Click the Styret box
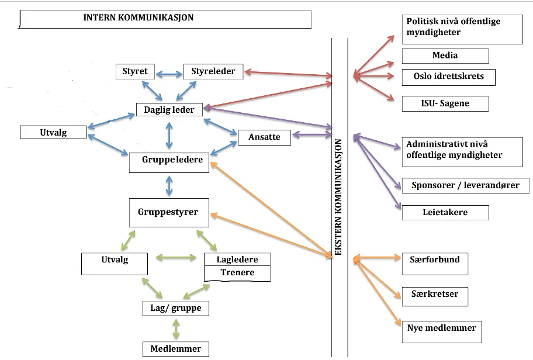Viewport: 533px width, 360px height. (x=135, y=71)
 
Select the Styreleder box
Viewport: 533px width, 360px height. (x=213, y=71)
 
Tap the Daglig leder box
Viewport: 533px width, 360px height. (x=169, y=110)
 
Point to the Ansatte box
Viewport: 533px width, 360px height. (x=264, y=137)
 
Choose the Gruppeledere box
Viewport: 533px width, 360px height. (x=169, y=162)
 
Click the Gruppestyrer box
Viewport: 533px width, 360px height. (x=169, y=213)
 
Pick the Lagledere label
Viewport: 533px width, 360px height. (x=237, y=259)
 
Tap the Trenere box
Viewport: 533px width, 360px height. (x=237, y=274)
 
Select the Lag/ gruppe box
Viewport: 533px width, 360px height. (x=176, y=309)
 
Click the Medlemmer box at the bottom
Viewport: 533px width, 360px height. (x=176, y=349)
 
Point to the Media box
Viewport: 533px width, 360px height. (x=445, y=56)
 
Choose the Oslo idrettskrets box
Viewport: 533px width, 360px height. (x=449, y=77)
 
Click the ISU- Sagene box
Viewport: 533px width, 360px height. (x=445, y=103)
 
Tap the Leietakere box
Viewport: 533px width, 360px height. (x=445, y=213)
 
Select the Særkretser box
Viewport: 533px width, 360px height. (x=435, y=296)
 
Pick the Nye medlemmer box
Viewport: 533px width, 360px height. (x=442, y=332)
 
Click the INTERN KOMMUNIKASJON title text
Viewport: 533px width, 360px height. (x=139, y=18)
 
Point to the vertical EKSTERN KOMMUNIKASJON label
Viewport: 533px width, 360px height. (x=338, y=197)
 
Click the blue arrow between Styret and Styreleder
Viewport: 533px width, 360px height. (x=169, y=74)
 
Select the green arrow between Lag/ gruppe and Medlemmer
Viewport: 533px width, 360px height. (x=176, y=329)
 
